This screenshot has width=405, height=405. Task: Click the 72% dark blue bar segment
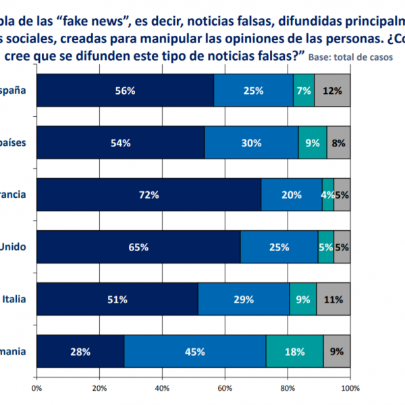pos(148,195)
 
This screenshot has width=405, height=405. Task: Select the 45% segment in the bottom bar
pos(194,351)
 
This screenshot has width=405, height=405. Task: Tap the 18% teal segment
pos(294,351)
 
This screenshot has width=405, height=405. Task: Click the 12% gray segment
pos(332,90)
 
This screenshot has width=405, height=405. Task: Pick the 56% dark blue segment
pos(125,90)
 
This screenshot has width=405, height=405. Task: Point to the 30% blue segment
pos(251,142)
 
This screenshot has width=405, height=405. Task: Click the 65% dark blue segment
pos(138,247)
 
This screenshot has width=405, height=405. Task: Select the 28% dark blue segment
pos(80,351)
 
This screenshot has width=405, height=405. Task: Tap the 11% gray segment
pos(333,299)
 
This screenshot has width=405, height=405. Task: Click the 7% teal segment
pos(304,90)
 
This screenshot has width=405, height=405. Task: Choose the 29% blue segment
pos(244,299)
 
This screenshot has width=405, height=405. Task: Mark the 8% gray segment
pos(338,142)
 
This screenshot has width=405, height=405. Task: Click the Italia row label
pos(14,298)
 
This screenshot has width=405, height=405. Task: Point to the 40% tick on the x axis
pos(162,388)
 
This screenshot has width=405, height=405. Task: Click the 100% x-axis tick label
pos(350,388)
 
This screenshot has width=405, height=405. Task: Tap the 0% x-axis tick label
pos(37,388)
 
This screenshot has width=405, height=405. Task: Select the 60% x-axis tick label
pos(225,388)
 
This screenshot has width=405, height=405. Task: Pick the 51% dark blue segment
pos(117,299)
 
